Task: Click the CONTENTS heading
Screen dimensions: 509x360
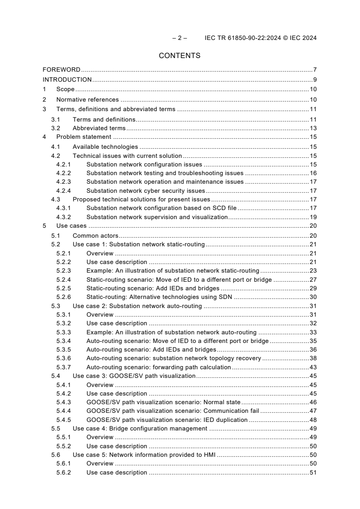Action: (x=179, y=56)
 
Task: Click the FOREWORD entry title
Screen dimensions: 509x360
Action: (x=61, y=70)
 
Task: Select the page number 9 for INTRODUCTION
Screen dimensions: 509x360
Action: (x=315, y=80)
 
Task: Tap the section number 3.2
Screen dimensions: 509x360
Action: (x=55, y=128)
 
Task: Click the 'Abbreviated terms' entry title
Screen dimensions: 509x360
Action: (x=99, y=128)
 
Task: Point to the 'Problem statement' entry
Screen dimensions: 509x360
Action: (x=83, y=137)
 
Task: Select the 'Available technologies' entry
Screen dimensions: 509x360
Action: (x=105, y=147)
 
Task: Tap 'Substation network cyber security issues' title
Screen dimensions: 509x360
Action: (x=146, y=191)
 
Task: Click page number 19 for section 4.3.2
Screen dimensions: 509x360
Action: (x=313, y=217)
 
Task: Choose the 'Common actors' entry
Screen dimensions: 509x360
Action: (x=95, y=235)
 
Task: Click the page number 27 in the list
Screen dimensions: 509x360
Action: (x=313, y=280)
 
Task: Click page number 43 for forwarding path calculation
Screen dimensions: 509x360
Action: (x=313, y=367)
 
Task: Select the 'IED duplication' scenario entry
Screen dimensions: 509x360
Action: (x=167, y=420)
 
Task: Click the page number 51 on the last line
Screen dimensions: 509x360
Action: (x=313, y=473)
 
